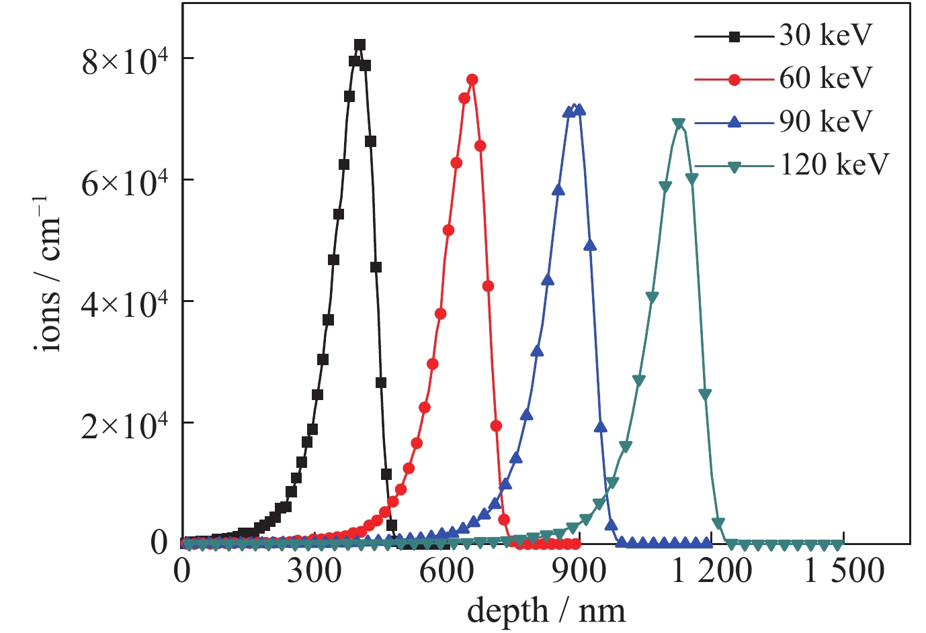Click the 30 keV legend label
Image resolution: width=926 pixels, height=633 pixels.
coord(825,36)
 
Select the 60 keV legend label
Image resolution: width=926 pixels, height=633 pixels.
coord(825,79)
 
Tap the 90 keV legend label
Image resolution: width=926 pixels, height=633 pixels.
coord(825,121)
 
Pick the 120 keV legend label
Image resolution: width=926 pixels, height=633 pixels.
coord(834,164)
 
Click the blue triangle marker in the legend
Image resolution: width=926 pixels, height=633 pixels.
coord(734,122)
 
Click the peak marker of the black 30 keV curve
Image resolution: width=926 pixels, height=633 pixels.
coord(360,45)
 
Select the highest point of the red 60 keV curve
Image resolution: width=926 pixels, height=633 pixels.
coord(472,80)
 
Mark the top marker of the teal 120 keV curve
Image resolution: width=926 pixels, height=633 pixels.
coord(679,124)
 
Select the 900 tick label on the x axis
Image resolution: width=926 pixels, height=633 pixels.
coord(579,572)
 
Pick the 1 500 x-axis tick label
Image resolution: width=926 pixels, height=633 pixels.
coord(844,572)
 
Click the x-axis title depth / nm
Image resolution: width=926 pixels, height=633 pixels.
coord(546,611)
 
